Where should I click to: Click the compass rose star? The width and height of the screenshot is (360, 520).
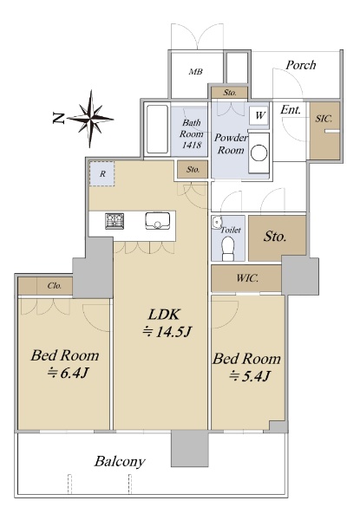pyautogui.click(x=90, y=119)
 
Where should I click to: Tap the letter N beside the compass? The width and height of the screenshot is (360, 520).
pyautogui.click(x=58, y=118)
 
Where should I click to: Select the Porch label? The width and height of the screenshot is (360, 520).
pyautogui.click(x=301, y=65)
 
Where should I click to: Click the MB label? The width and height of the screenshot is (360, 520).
pyautogui.click(x=196, y=71)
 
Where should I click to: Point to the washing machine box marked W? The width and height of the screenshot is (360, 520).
pyautogui.click(x=259, y=116)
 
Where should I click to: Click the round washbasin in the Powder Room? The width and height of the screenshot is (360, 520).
pyautogui.click(x=259, y=154)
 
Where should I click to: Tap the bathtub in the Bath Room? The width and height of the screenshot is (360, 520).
pyautogui.click(x=157, y=129)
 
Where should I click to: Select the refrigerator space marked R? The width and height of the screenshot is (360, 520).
pyautogui.click(x=101, y=174)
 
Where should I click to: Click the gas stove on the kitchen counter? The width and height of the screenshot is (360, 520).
pyautogui.click(x=115, y=221)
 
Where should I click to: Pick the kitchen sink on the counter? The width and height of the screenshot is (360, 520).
pyautogui.click(x=158, y=220)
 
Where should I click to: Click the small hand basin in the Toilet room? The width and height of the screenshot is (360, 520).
pyautogui.click(x=216, y=222)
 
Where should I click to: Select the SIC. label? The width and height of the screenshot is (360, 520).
pyautogui.click(x=324, y=119)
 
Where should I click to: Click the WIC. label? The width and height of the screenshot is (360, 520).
pyautogui.click(x=247, y=278)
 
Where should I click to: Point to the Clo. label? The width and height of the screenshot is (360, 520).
pyautogui.click(x=55, y=285)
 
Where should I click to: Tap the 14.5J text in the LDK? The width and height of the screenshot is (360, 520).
pyautogui.click(x=167, y=332)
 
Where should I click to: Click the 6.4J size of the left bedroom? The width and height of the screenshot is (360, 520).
pyautogui.click(x=68, y=374)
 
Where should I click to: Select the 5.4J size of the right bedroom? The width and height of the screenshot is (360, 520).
pyautogui.click(x=250, y=376)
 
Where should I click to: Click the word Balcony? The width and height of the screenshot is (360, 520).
pyautogui.click(x=120, y=462)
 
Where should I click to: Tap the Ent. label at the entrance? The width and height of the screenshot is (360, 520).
pyautogui.click(x=291, y=110)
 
